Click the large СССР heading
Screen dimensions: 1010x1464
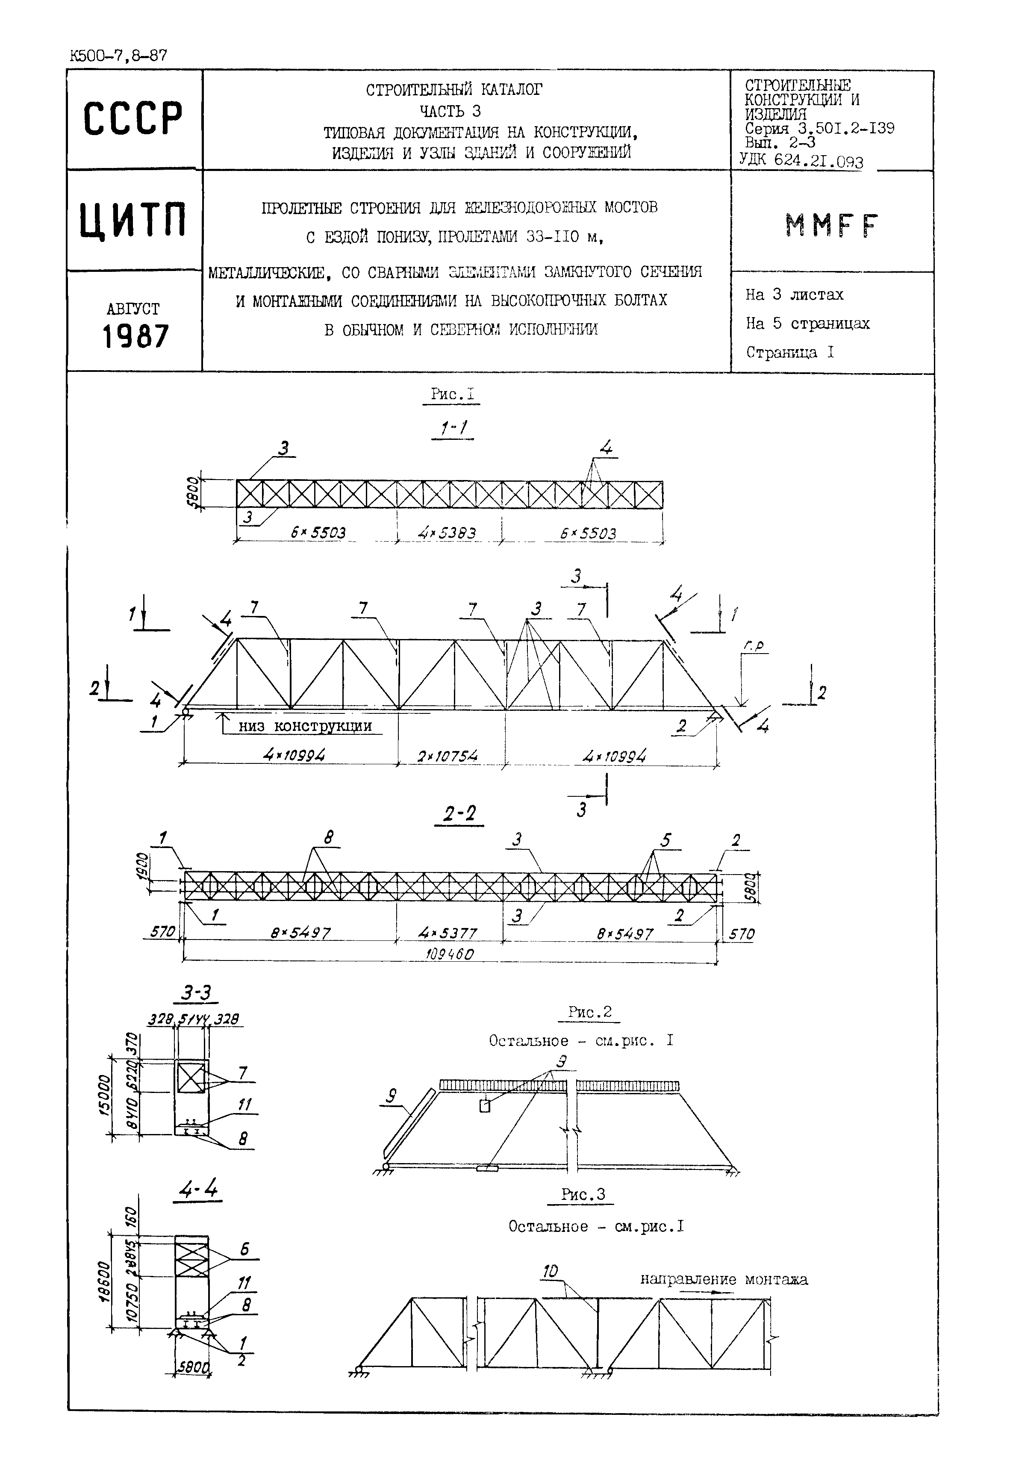point(133,118)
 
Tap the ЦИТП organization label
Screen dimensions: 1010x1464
point(133,220)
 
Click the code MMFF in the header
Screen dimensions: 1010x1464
point(831,225)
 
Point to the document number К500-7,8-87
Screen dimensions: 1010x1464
point(118,56)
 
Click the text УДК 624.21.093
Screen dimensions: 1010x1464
point(801,161)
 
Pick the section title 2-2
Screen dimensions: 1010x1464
point(459,813)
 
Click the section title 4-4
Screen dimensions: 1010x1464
point(198,1190)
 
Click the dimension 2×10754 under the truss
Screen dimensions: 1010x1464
point(448,756)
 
